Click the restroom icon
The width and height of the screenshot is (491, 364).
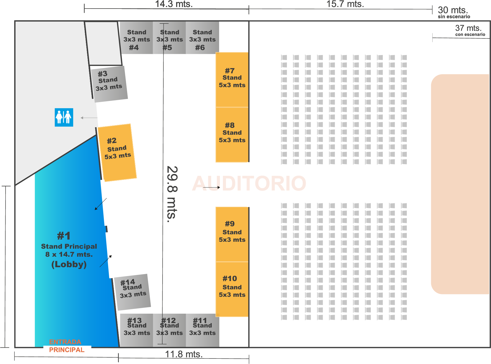coord(64,117)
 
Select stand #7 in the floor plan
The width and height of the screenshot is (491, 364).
coord(232,80)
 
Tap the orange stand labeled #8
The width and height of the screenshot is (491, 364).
coord(232,134)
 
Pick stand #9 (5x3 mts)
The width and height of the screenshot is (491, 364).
coord(232,234)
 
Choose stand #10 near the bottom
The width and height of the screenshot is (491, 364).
coord(232,289)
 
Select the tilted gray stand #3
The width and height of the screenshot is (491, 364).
coord(109,84)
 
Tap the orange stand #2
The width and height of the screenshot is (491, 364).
coord(117,152)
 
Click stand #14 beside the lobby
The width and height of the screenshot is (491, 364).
coord(133,292)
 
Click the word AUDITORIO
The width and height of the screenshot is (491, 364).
coord(249,183)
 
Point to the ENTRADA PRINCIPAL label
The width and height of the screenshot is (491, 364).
coord(66,346)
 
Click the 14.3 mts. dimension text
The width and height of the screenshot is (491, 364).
coord(174,4)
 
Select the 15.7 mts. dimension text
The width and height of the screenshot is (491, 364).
coord(345,4)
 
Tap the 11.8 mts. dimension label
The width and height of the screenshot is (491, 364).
coord(184,354)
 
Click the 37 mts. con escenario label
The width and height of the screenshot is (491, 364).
coord(469,30)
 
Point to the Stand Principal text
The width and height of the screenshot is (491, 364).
coord(69,246)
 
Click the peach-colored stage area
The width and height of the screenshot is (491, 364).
coord(460,184)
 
